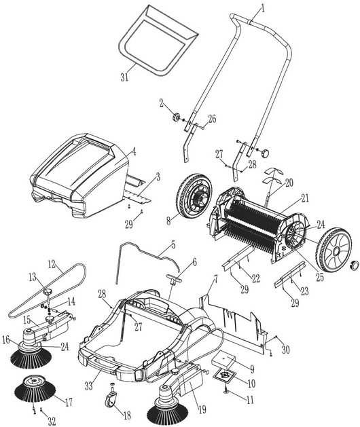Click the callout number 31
(x=124, y=77)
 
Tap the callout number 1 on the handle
(x=263, y=9)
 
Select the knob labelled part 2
(x=177, y=117)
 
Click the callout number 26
(x=213, y=119)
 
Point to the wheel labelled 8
(x=193, y=196)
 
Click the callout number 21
(x=306, y=198)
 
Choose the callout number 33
(x=88, y=386)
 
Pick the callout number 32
(x=52, y=422)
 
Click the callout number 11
(x=250, y=399)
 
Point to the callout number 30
(x=285, y=350)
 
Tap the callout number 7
(x=215, y=280)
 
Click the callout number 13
(x=33, y=278)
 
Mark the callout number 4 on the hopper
(x=134, y=152)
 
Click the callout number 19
(x=202, y=409)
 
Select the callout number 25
(x=320, y=277)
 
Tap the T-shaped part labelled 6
(x=173, y=280)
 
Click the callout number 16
(x=6, y=340)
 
